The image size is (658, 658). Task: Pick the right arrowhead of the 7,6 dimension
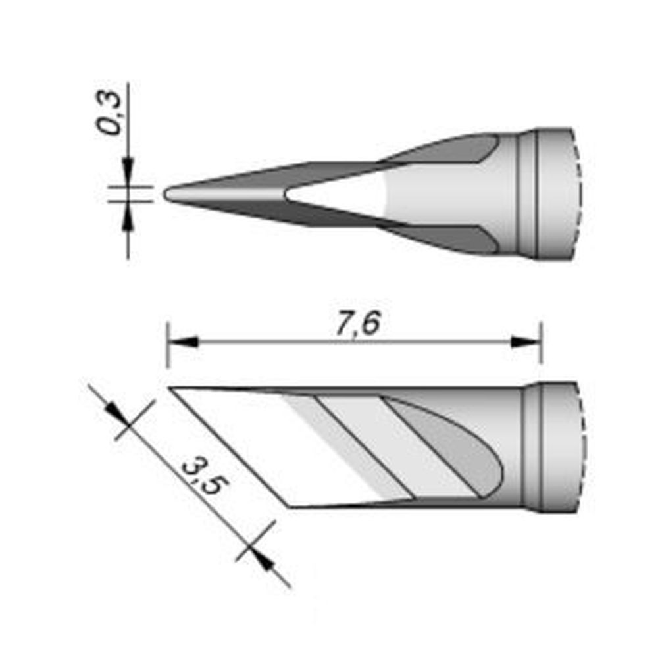click(x=525, y=342)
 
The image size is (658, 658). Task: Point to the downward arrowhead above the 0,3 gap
click(x=128, y=166)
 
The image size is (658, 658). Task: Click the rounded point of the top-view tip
click(x=167, y=195)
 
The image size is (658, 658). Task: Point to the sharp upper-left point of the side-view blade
click(x=172, y=389)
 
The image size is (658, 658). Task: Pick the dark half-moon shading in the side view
click(x=461, y=447)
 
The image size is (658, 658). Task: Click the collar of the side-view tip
click(x=549, y=447)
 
